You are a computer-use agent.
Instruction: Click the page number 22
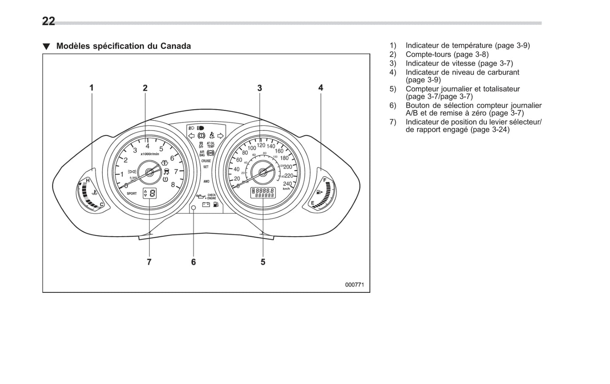[49, 21]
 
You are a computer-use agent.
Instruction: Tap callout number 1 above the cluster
[91, 88]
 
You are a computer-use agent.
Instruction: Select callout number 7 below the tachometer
[149, 262]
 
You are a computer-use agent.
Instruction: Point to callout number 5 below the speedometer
[263, 262]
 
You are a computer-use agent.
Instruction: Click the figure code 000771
[354, 285]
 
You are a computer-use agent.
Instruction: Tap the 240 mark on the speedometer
[287, 184]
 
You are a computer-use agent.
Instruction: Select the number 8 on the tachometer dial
[173, 184]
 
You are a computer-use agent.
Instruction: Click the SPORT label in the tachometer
[132, 193]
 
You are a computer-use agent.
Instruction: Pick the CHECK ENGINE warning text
[211, 196]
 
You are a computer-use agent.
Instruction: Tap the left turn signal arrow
[191, 136]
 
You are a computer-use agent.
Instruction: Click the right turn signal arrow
[220, 136]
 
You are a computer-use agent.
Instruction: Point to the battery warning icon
[206, 205]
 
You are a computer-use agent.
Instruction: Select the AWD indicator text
[206, 181]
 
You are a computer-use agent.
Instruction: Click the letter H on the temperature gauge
[88, 181]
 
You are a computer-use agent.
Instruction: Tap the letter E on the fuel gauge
[312, 203]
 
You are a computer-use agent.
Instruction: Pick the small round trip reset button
[193, 207]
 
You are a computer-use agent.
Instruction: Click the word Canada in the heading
[175, 46]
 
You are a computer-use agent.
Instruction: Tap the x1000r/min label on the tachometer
[150, 154]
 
